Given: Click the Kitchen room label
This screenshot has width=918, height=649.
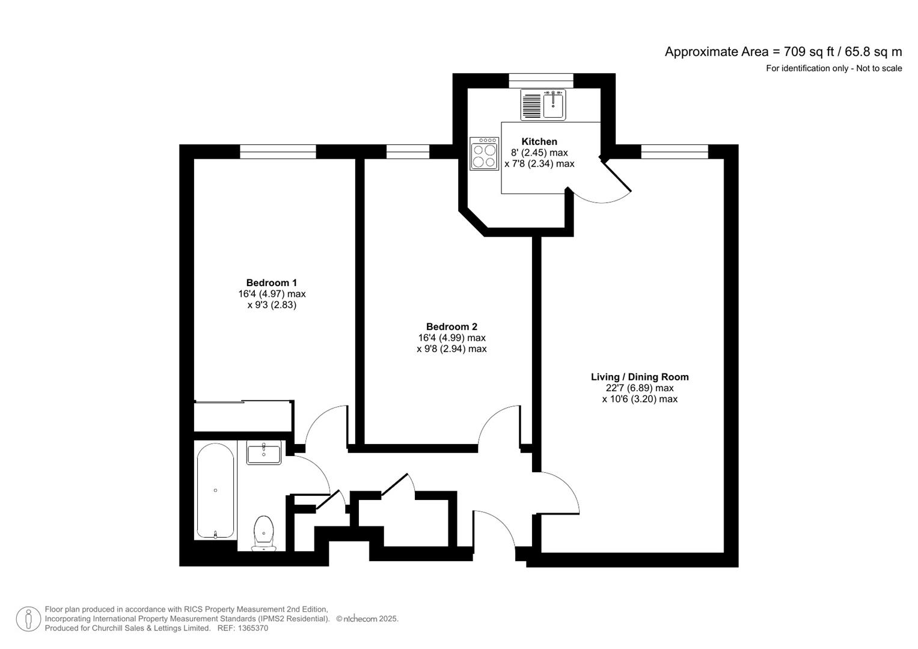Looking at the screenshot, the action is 539,141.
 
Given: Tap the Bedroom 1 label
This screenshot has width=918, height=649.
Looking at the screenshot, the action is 271,282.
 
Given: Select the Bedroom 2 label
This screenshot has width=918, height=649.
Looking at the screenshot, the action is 451,326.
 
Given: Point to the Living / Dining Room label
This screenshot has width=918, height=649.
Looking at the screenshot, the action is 639,377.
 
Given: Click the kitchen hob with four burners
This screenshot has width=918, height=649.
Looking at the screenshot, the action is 484,154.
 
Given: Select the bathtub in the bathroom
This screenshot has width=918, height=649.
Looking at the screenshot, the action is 216,491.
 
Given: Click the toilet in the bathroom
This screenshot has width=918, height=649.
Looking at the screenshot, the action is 263,533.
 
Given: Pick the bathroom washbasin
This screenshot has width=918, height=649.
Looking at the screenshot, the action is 264,452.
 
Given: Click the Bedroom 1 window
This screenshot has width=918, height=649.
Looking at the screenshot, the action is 278,151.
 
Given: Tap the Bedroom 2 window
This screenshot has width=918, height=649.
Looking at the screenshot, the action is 408,151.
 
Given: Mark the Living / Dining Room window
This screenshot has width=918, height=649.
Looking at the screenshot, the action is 675,151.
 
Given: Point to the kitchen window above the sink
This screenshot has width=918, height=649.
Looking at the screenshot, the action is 541,81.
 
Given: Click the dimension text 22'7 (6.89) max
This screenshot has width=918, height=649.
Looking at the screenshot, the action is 639,388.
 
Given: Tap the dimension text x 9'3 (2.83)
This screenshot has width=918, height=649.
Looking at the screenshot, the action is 272,305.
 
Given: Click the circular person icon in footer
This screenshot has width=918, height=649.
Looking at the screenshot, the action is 29,619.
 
